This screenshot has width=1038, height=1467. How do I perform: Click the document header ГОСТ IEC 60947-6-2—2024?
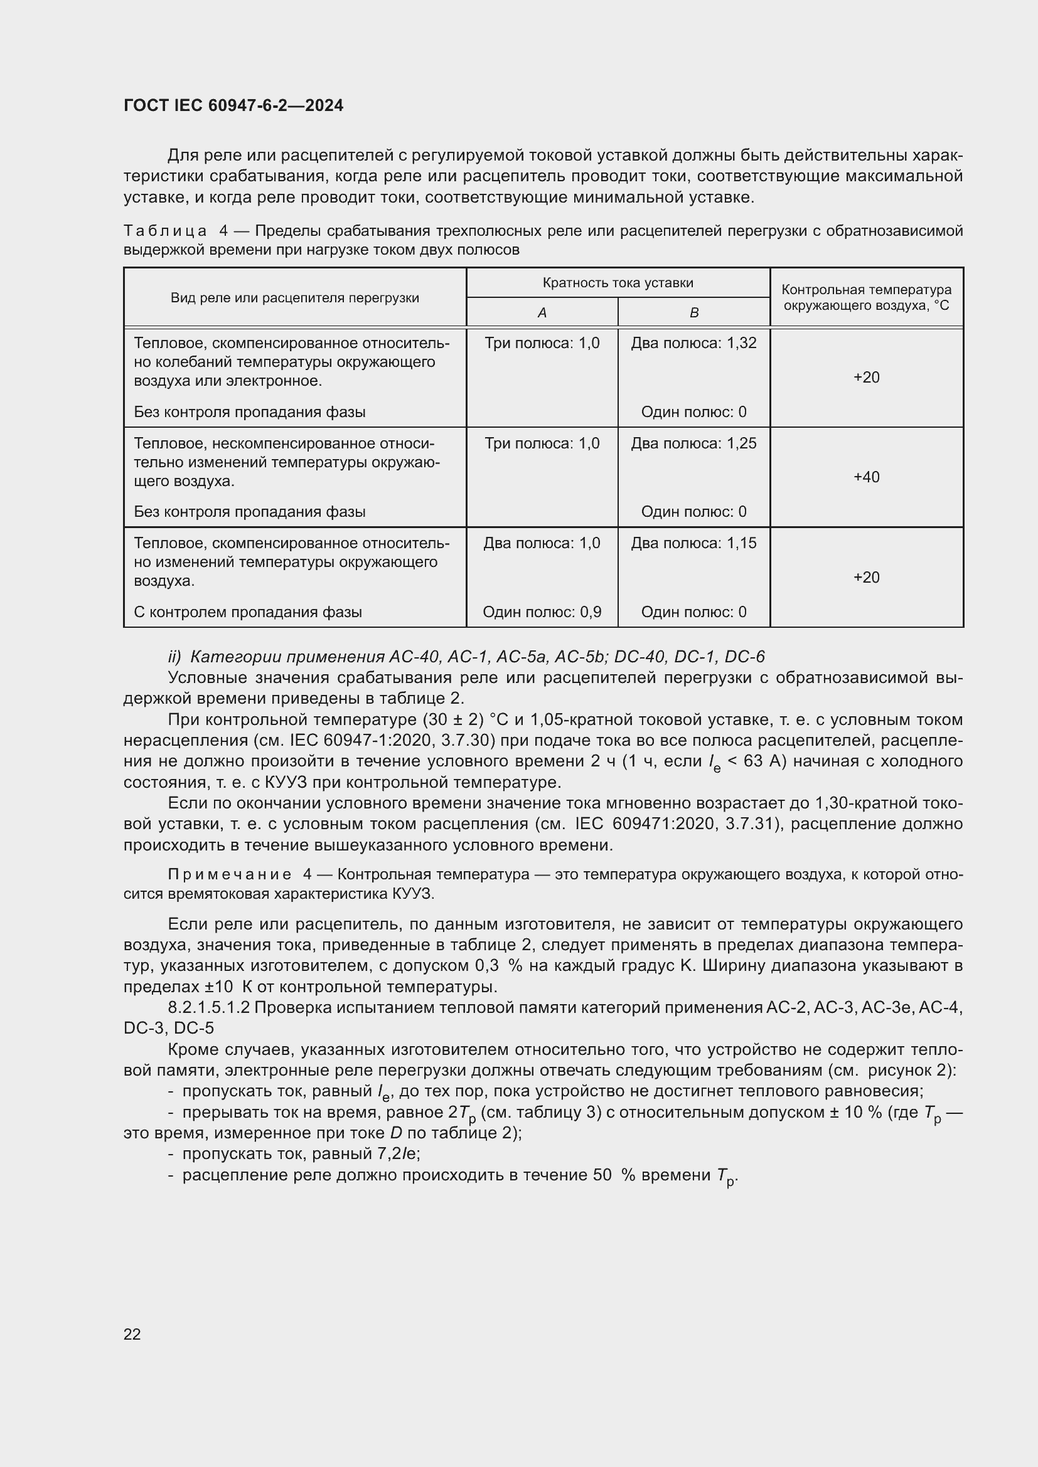pos(233,105)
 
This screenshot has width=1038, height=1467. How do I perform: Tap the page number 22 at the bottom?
pos(132,1333)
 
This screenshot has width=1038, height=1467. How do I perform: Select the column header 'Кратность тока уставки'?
pos(618,282)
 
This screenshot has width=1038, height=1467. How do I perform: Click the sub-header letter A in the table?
pos(542,312)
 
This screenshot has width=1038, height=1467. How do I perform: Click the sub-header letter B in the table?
pos(694,312)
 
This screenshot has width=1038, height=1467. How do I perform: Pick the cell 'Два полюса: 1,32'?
pos(693,343)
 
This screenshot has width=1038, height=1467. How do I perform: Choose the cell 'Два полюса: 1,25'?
pos(693,443)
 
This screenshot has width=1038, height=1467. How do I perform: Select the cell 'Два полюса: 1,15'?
pos(693,543)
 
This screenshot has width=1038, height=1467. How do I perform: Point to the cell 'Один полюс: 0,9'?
pos(542,612)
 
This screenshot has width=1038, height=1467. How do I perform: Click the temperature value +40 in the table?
pos(866,477)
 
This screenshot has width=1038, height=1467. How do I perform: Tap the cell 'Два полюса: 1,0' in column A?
pos(542,543)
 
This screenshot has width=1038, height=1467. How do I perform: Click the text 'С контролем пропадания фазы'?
pos(248,612)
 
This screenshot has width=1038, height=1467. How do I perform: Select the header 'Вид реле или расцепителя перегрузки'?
pos(295,298)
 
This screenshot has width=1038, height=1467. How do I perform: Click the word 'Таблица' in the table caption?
pos(165,231)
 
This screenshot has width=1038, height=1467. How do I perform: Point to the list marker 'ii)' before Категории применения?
pos(174,657)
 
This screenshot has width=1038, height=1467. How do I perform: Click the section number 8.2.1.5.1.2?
pos(210,1008)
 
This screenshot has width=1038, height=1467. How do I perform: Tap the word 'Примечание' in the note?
pos(230,874)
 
